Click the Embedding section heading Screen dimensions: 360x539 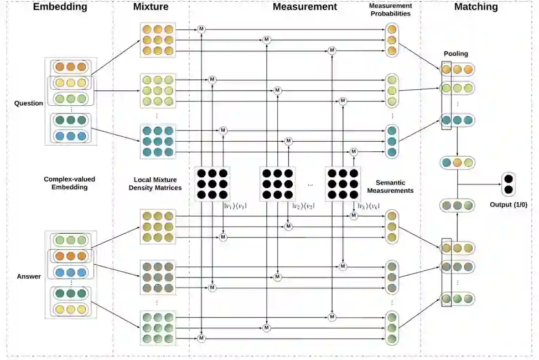pos(60,7)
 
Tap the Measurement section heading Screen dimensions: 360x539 pos(304,7)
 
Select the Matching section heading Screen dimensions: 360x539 pos(475,7)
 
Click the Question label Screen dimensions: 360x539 pos(29,103)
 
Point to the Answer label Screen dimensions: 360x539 pos(29,276)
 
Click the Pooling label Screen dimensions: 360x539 pos(455,54)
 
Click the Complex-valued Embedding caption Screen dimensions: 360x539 pos(66,183)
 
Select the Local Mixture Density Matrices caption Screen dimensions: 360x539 pos(158,184)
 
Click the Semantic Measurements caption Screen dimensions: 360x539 pos(395,186)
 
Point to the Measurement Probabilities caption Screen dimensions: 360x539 pos(390,9)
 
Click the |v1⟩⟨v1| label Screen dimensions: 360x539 pos(234,206)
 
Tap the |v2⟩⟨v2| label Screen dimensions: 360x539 pos(303,206)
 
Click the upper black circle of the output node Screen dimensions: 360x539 pos(508,179)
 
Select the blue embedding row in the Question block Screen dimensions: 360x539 pos(70,136)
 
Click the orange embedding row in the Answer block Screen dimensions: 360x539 pos(70,256)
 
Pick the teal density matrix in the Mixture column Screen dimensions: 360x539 pos(158,141)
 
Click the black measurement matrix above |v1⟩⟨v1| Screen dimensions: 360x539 pos(213,184)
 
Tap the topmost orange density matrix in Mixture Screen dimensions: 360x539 pos(158,40)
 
